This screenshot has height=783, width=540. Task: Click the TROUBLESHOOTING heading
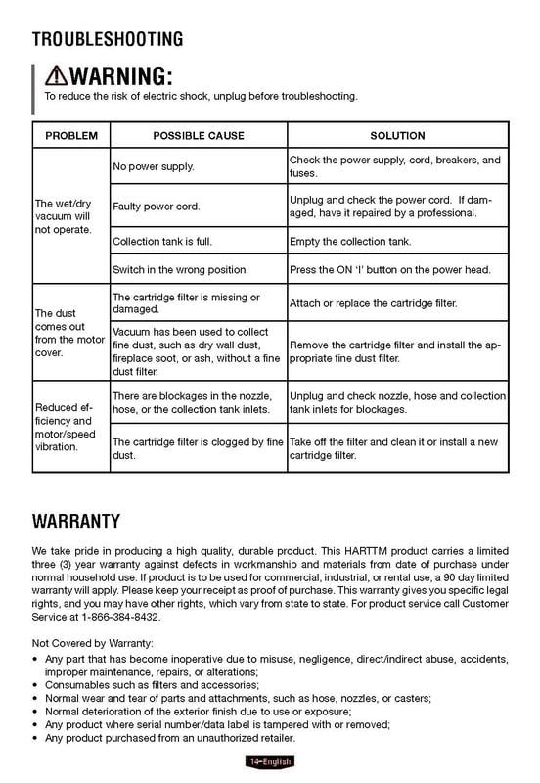[x=108, y=39]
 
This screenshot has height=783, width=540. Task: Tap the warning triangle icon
[x=58, y=76]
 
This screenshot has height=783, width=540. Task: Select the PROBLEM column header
[x=70, y=135]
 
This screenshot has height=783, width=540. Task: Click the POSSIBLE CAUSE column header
[x=199, y=135]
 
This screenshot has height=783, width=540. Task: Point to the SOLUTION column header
[x=397, y=135]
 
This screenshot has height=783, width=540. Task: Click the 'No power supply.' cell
[x=153, y=166]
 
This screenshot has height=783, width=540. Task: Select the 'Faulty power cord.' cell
[x=157, y=207]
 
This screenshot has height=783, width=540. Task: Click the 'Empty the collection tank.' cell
[x=364, y=241]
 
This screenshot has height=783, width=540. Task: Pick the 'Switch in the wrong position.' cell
[x=180, y=269]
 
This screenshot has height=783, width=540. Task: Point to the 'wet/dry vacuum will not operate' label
[x=66, y=216]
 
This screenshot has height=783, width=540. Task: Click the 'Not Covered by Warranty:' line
[x=92, y=643]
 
